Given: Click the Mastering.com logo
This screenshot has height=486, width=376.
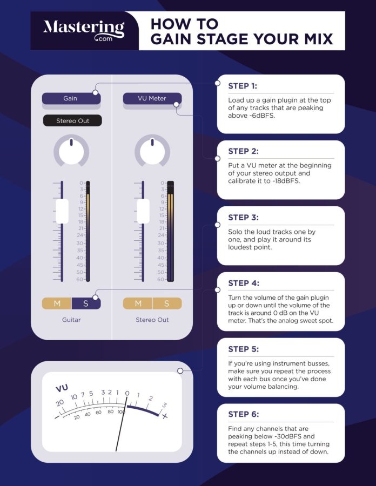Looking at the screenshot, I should tap(84, 31).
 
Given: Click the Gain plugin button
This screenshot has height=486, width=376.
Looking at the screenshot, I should tap(71, 98).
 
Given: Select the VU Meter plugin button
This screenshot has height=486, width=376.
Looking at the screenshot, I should tap(152, 98).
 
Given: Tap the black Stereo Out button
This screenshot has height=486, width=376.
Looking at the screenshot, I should tap(72, 121).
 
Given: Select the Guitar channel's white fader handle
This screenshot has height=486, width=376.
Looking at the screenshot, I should tap(62, 211).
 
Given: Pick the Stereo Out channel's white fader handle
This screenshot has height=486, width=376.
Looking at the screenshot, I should tap(143, 211).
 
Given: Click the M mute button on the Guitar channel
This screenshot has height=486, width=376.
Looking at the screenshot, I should tap(57, 303).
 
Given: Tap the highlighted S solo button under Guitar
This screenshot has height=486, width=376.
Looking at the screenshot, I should tap(86, 303).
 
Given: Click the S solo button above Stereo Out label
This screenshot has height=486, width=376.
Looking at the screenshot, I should tap(167, 303).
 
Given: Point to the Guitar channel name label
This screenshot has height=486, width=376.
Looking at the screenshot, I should tap(71, 320).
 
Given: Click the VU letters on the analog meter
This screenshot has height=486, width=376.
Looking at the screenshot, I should tap(61, 388).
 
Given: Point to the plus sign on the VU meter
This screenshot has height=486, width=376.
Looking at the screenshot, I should tap(165, 416).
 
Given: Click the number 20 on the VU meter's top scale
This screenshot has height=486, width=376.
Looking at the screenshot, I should tap(60, 403).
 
